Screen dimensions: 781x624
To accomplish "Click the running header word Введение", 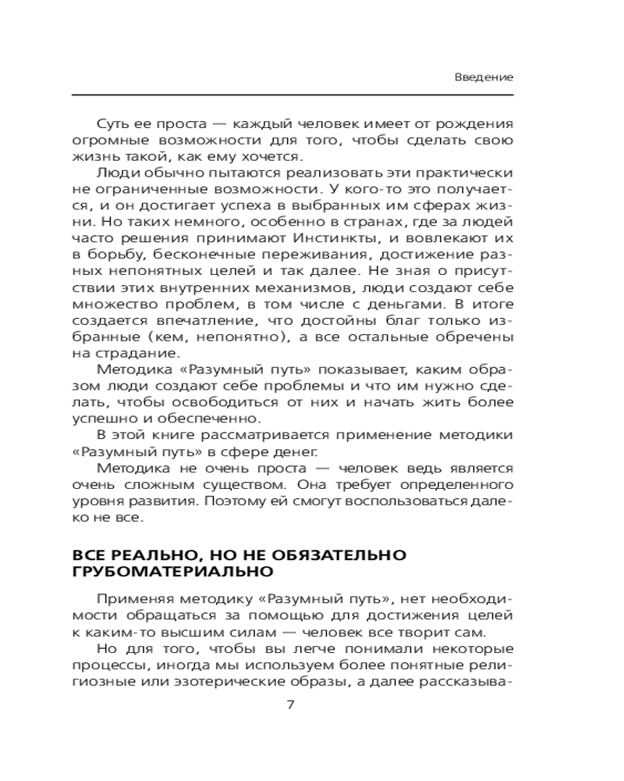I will [x=484, y=78].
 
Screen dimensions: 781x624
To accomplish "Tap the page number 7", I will [x=291, y=705].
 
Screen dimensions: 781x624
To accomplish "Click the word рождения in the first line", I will [x=477, y=125].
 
